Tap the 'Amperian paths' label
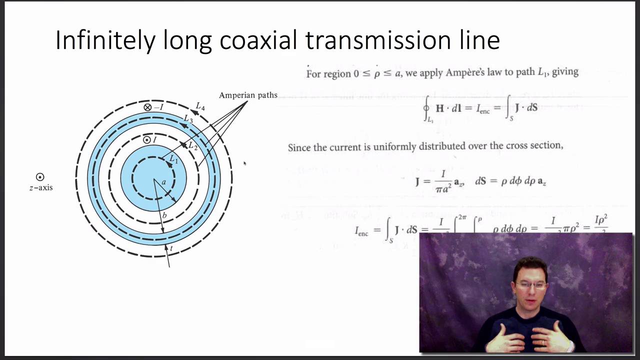point(248,95)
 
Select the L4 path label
point(200,106)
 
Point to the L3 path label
point(188,119)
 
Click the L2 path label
point(193,146)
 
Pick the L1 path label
point(173,159)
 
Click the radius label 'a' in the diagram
point(163,182)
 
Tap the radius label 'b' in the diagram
point(164,215)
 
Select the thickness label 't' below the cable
point(171,248)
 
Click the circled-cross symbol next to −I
point(147,107)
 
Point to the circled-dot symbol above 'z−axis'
point(40,177)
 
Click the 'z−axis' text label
point(41,188)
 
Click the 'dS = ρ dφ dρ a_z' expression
point(510,181)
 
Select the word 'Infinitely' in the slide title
point(105,40)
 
